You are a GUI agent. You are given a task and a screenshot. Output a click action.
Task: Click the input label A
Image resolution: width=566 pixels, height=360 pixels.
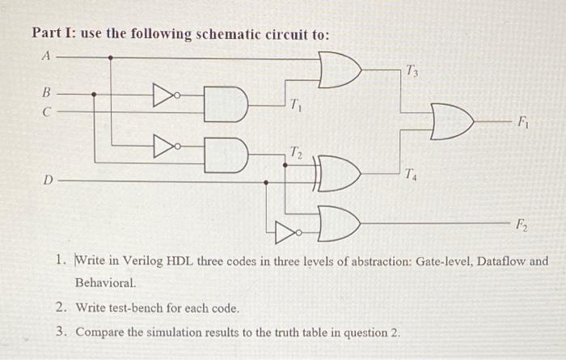(45, 57)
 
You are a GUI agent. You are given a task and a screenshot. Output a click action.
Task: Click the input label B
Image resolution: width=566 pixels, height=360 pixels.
(46, 93)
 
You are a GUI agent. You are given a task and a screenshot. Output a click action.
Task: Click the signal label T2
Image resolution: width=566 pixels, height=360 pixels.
(297, 152)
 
